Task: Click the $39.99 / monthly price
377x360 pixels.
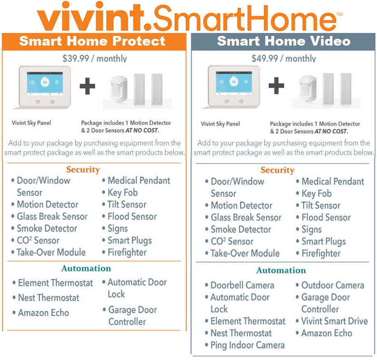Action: point(95,58)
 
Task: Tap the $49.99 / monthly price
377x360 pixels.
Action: point(284,58)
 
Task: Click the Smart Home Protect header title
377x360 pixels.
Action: point(92,41)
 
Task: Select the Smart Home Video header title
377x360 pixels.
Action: point(284,41)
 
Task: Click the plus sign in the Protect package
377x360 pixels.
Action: point(87,86)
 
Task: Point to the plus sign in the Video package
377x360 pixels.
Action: point(276,86)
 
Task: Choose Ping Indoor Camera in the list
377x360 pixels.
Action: point(247,345)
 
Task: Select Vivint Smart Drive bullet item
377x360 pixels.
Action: point(334,321)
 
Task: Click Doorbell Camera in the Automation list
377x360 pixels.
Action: point(242,285)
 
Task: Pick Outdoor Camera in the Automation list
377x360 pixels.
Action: point(333,285)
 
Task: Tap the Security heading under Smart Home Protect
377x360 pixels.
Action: point(83,169)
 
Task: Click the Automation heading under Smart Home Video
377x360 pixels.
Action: point(281,270)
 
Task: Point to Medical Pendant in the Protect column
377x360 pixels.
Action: point(139,180)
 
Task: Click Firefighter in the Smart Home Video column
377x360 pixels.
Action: point(321,253)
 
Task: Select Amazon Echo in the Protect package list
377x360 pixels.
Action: point(43,313)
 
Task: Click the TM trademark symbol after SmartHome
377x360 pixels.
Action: point(339,14)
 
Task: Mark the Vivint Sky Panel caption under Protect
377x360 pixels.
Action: point(31,123)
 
